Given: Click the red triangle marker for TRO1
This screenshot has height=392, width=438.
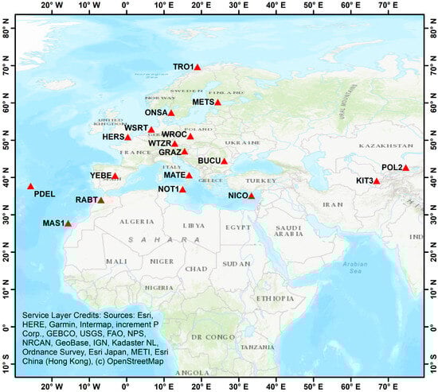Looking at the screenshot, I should coord(197,68).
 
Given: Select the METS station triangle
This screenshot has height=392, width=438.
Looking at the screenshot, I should coord(217,103).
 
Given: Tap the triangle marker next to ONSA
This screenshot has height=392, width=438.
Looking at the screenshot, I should coord(171,113).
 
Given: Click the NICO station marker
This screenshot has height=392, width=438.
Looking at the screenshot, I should coord(252,196).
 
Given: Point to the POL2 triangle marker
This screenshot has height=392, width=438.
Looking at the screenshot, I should coord(405,168).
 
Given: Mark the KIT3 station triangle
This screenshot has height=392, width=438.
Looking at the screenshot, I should coord(377,181).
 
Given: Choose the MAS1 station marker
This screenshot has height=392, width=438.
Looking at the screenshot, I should coord(68,223).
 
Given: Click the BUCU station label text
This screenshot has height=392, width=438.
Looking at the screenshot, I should coord(209,161).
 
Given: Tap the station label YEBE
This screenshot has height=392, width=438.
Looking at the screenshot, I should coord(100,176).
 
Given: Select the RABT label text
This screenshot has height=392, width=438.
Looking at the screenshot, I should coord(85,200).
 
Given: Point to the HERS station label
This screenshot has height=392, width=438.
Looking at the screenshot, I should coord(114,137).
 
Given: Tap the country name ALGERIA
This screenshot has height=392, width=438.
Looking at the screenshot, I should coord(135,221).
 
